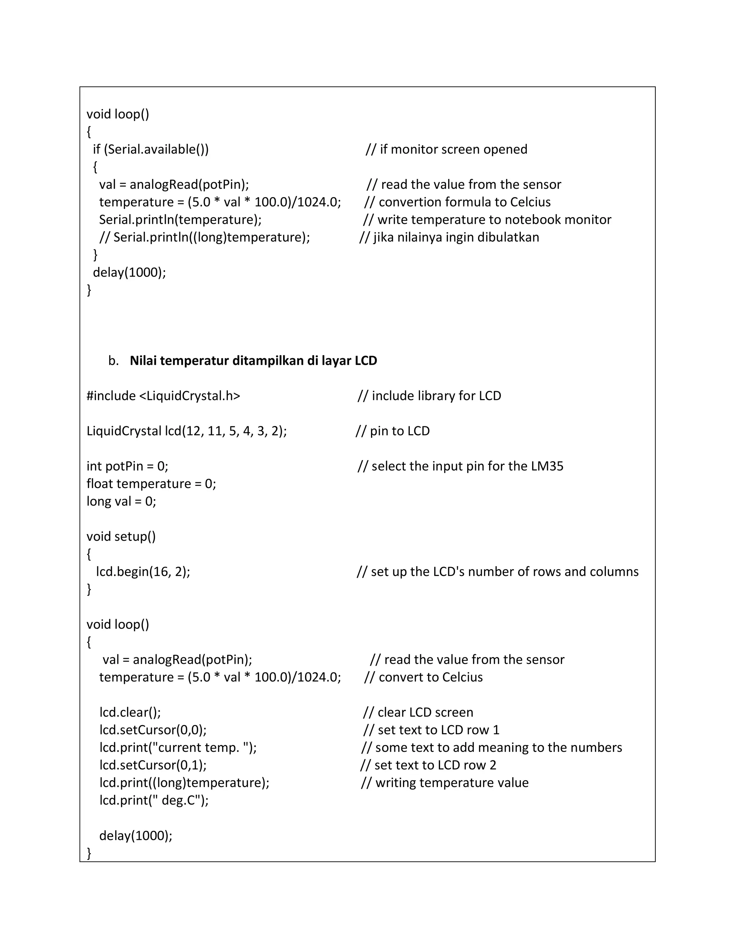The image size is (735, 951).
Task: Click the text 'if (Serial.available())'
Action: click(151, 149)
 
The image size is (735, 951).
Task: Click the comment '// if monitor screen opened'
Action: click(446, 149)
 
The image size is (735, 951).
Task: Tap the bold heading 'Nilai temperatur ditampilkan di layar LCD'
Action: click(253, 361)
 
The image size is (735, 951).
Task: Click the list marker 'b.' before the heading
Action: click(113, 361)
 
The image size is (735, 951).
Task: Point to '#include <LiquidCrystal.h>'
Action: click(163, 396)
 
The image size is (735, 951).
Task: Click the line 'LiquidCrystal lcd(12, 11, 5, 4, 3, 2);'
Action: click(186, 431)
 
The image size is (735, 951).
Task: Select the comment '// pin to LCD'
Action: click(393, 431)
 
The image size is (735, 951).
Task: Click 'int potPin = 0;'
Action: click(127, 467)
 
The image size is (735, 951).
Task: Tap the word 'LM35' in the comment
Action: click(547, 467)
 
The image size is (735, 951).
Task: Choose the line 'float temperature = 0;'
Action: click(151, 484)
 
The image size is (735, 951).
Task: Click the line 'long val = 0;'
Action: click(121, 502)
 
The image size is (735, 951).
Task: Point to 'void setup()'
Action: click(121, 537)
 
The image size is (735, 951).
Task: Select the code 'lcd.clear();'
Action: click(130, 712)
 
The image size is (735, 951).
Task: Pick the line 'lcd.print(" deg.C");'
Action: click(154, 800)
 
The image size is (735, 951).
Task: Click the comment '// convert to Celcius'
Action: click(423, 677)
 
